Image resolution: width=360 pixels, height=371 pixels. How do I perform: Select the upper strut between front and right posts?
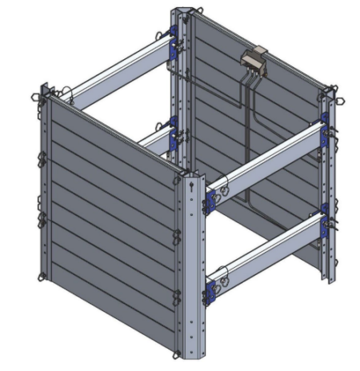[268, 160]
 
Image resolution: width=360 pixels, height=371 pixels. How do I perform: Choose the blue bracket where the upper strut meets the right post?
[324, 132]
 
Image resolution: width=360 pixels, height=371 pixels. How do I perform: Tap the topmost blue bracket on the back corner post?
[172, 34]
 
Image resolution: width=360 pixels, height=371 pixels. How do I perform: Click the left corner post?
[46, 184]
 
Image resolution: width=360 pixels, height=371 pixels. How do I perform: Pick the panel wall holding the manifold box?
[264, 120]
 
